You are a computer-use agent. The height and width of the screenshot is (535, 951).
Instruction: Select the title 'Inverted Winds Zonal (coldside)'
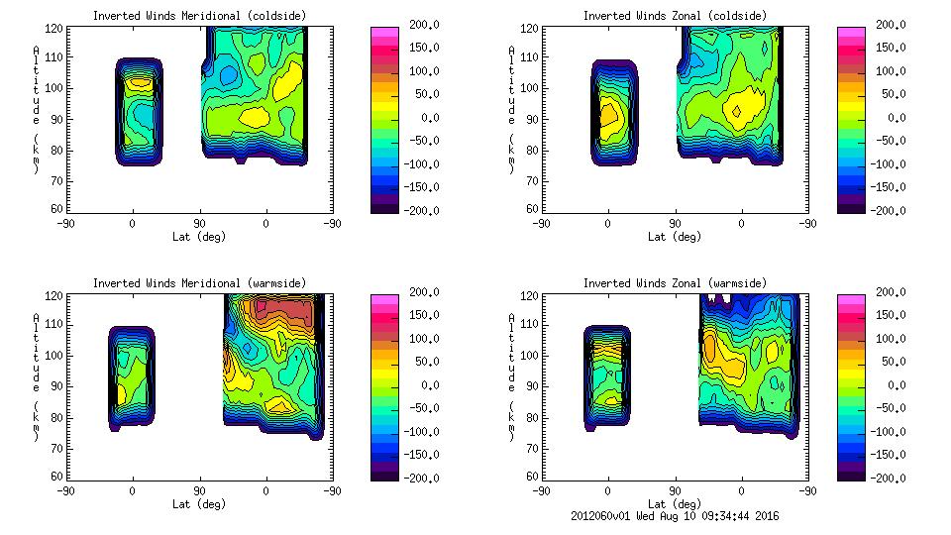tap(674, 16)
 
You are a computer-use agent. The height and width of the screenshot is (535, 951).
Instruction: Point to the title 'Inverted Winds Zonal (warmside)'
tap(674, 283)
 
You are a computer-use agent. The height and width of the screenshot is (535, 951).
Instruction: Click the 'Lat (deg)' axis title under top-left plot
tap(199, 237)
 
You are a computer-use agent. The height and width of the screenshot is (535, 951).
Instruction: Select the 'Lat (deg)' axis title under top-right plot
tap(675, 237)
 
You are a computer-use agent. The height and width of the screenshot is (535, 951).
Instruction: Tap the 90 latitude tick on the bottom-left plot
tap(199, 490)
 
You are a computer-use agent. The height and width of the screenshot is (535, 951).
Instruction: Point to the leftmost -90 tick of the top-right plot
tap(541, 223)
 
